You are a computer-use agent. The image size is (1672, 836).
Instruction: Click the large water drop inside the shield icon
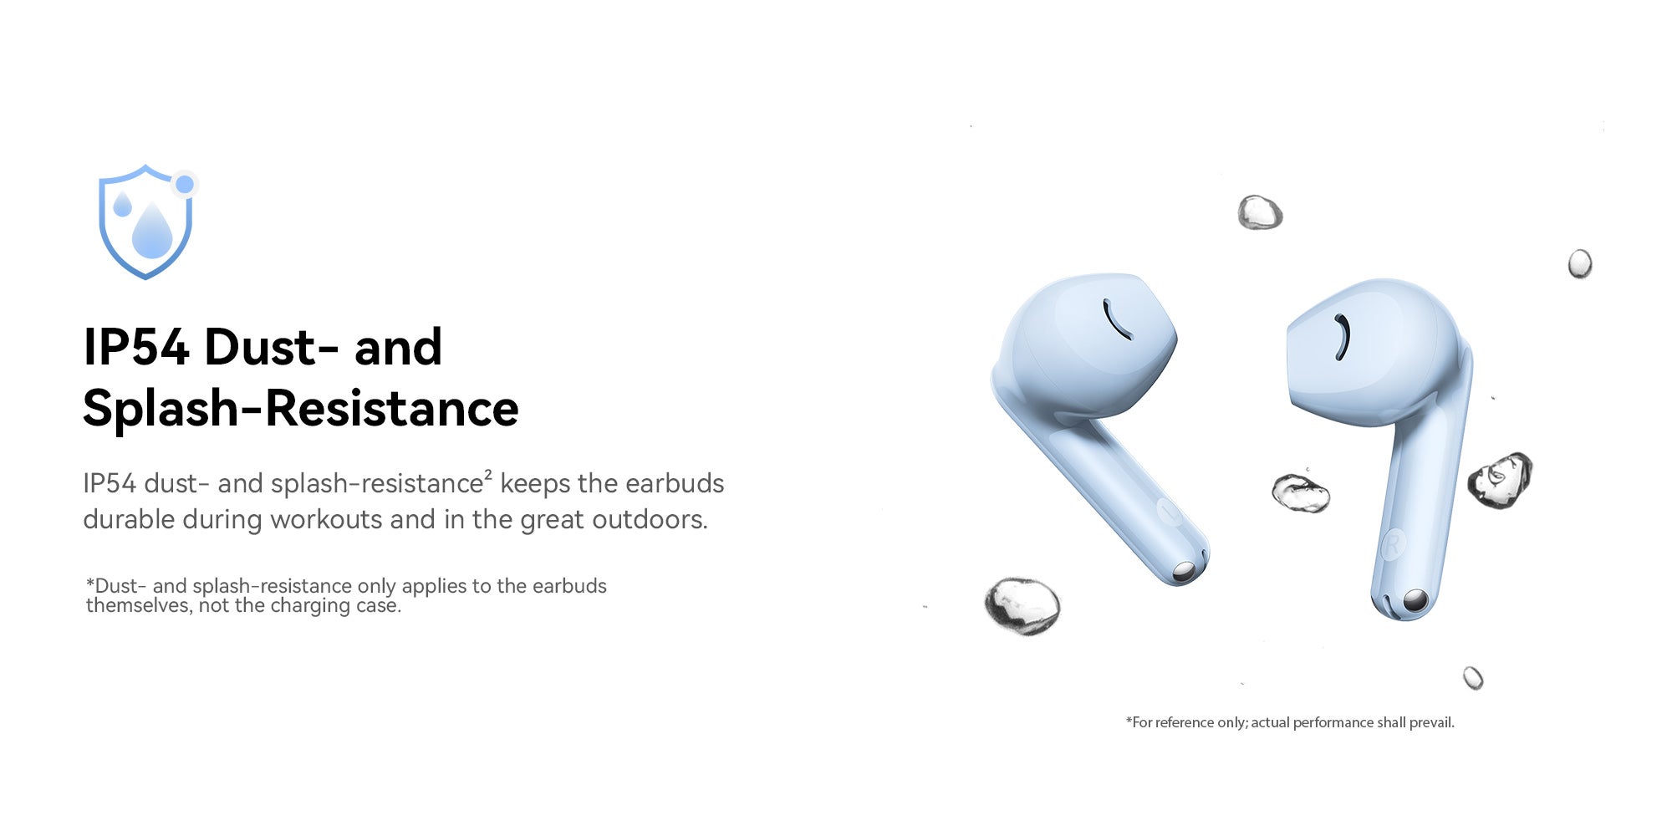click(x=152, y=231)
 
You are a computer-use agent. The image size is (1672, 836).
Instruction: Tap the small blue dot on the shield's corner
click(x=185, y=184)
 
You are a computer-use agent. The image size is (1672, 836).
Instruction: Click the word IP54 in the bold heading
click(x=136, y=347)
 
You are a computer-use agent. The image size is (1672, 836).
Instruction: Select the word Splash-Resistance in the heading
click(x=301, y=409)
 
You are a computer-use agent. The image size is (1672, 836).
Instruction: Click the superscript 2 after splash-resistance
click(x=488, y=475)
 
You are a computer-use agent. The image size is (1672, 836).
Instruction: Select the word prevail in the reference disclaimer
click(x=1431, y=722)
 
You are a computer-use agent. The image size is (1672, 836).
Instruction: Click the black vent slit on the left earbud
click(x=1117, y=319)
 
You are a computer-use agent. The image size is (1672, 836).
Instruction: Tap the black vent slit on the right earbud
click(x=1343, y=337)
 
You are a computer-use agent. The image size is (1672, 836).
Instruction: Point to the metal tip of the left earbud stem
click(x=1184, y=572)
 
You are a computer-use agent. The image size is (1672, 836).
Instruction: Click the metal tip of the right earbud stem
click(x=1415, y=599)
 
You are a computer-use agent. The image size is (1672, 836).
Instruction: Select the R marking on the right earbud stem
click(x=1392, y=545)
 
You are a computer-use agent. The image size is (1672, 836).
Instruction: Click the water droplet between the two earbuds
click(x=1301, y=492)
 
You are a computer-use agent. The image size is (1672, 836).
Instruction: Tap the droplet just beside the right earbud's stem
click(x=1500, y=480)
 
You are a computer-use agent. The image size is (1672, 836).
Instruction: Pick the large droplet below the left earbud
click(x=1022, y=605)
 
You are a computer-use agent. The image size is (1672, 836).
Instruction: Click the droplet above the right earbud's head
click(x=1260, y=212)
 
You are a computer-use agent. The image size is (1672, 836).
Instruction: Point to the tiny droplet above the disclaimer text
click(x=1473, y=678)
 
